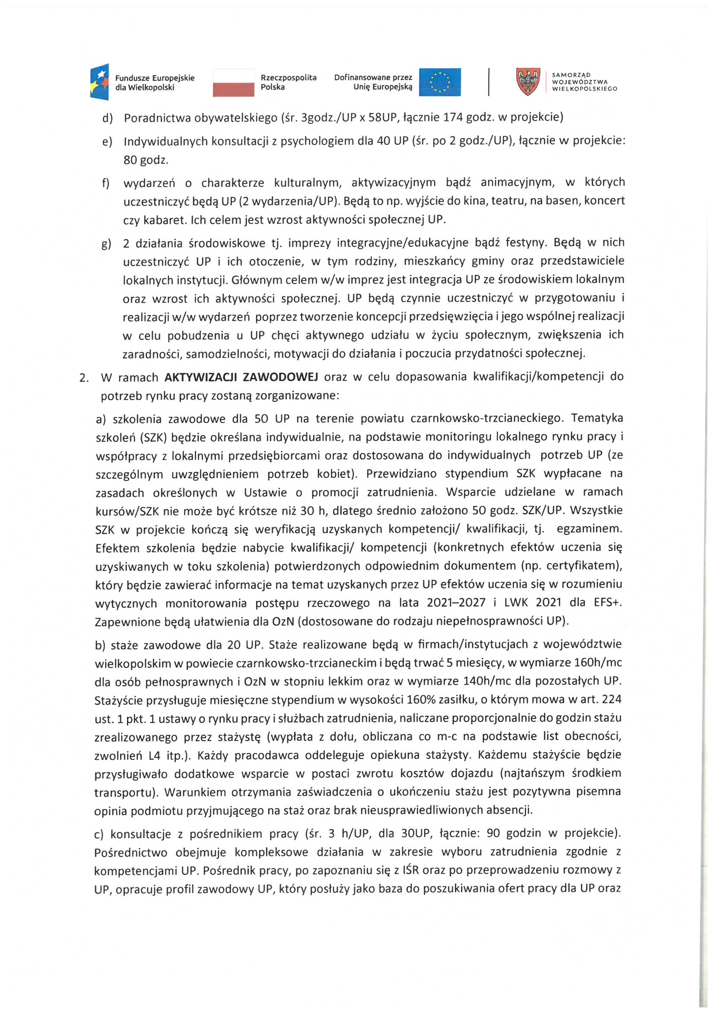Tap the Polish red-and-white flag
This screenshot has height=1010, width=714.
pyautogui.click(x=233, y=83)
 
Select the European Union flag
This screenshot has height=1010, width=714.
pyautogui.click(x=439, y=82)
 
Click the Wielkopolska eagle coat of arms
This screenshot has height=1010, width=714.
pyautogui.click(x=528, y=81)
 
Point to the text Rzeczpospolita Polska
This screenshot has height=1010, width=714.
pyautogui.click(x=288, y=82)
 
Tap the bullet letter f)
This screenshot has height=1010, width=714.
pyautogui.click(x=105, y=183)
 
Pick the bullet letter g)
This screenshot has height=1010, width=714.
pyautogui.click(x=106, y=243)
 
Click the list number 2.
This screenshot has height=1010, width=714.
pyautogui.click(x=84, y=378)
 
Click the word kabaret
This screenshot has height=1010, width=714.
pyautogui.click(x=165, y=220)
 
